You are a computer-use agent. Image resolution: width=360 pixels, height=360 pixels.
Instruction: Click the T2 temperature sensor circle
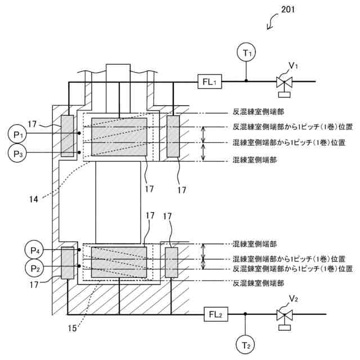246,344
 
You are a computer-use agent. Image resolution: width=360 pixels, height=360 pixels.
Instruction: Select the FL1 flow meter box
210,82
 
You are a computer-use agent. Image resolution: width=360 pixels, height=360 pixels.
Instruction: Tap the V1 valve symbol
283,83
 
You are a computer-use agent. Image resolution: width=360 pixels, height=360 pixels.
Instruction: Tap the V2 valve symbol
283,315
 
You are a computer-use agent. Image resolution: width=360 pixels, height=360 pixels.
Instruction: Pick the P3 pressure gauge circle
17,152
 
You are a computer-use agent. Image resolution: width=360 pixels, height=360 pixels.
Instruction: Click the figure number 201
286,10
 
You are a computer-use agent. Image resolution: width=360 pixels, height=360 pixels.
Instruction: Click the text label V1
293,66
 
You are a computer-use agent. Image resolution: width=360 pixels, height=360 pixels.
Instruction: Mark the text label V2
293,298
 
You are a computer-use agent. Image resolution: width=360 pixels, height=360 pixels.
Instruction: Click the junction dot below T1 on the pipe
246,82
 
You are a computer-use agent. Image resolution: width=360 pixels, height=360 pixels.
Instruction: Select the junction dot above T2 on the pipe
246,314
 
